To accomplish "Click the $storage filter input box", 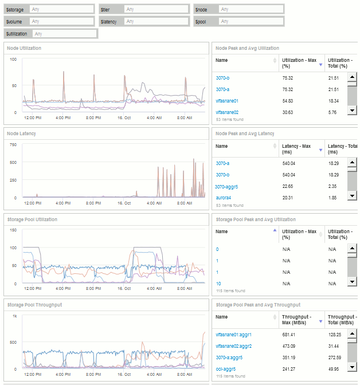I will click(61, 10).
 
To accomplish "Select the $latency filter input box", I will click(156, 21).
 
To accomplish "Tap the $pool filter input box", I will click(251, 21).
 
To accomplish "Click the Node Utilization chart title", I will click(24, 48).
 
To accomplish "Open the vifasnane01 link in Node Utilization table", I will click(227, 101).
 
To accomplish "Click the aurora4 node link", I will click(224, 198).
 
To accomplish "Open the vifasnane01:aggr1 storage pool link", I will click(234, 335).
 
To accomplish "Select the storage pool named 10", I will click(218, 284).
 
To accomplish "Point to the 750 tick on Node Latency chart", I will click(13, 144).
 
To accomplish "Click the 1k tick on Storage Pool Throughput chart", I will click(15, 316).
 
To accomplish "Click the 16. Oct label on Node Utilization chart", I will click(124, 117).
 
